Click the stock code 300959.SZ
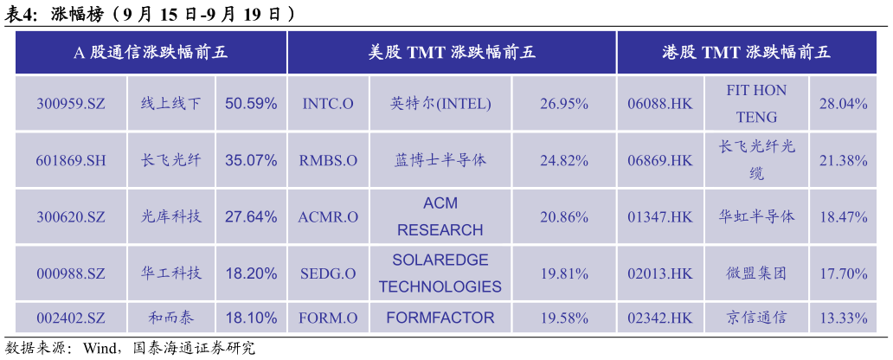pyautogui.click(x=71, y=104)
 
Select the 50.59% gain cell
pyautogui.click(x=251, y=104)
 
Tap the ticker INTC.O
pyautogui.click(x=328, y=104)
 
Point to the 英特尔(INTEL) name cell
pyautogui.click(x=440, y=104)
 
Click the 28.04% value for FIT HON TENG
pyautogui.click(x=844, y=104)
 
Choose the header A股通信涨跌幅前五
pyautogui.click(x=151, y=53)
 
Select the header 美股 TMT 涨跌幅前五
pyautogui.click(x=452, y=53)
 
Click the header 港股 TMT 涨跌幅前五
pyautogui.click(x=747, y=53)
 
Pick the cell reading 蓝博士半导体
pyautogui.click(x=440, y=160)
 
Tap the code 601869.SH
pyautogui.click(x=71, y=161)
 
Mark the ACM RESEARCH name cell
pyautogui.click(x=440, y=216)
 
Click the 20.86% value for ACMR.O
pyautogui.click(x=564, y=217)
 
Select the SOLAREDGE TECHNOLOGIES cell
pyautogui.click(x=440, y=273)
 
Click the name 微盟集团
pyautogui.click(x=756, y=273)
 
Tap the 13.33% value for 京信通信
pyautogui.click(x=844, y=318)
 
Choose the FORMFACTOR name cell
pyautogui.click(x=440, y=318)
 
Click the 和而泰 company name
pyautogui.click(x=171, y=318)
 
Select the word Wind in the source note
pyautogui.click(x=100, y=348)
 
